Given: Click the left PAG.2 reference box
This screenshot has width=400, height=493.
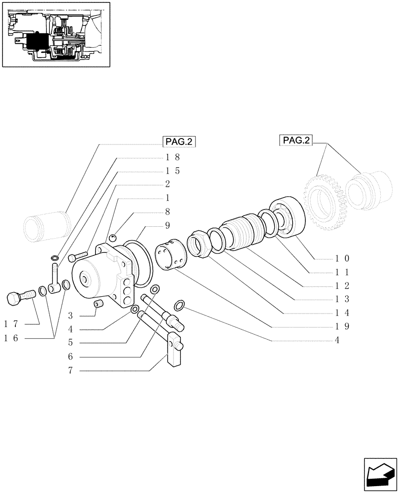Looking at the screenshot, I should click(179, 142).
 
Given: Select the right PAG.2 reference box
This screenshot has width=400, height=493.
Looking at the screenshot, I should click(297, 140).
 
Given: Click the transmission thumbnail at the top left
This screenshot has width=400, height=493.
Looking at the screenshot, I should click(56, 34).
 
